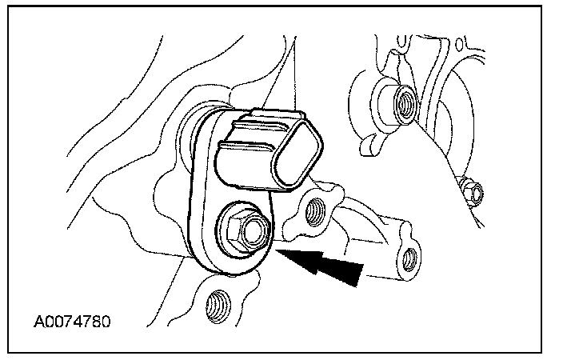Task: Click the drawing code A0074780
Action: [x=71, y=323]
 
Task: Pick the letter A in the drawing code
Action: [x=38, y=323]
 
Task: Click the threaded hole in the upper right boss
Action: [x=404, y=102]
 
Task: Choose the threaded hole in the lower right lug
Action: [x=410, y=257]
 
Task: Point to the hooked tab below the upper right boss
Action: [x=369, y=144]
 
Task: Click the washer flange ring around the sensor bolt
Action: [x=229, y=240]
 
